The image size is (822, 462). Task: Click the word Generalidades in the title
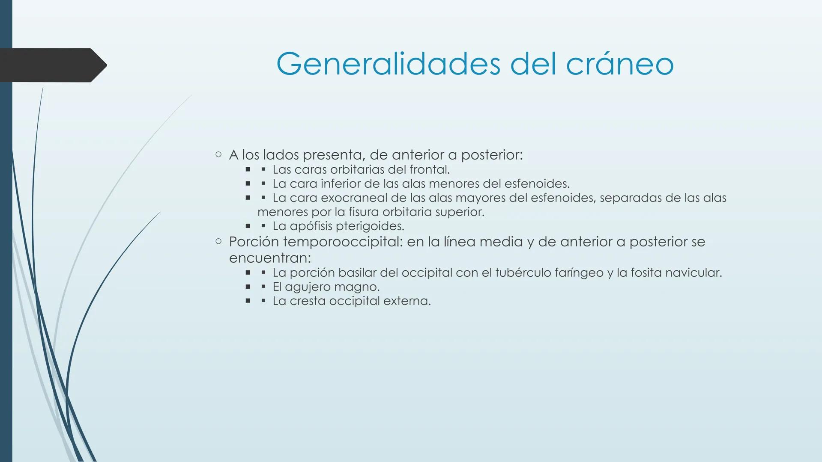pos(388,64)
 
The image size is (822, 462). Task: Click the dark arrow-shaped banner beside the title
pos(51,65)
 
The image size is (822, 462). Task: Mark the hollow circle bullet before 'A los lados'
pos(218,154)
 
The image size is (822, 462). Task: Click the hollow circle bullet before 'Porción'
pos(218,242)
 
